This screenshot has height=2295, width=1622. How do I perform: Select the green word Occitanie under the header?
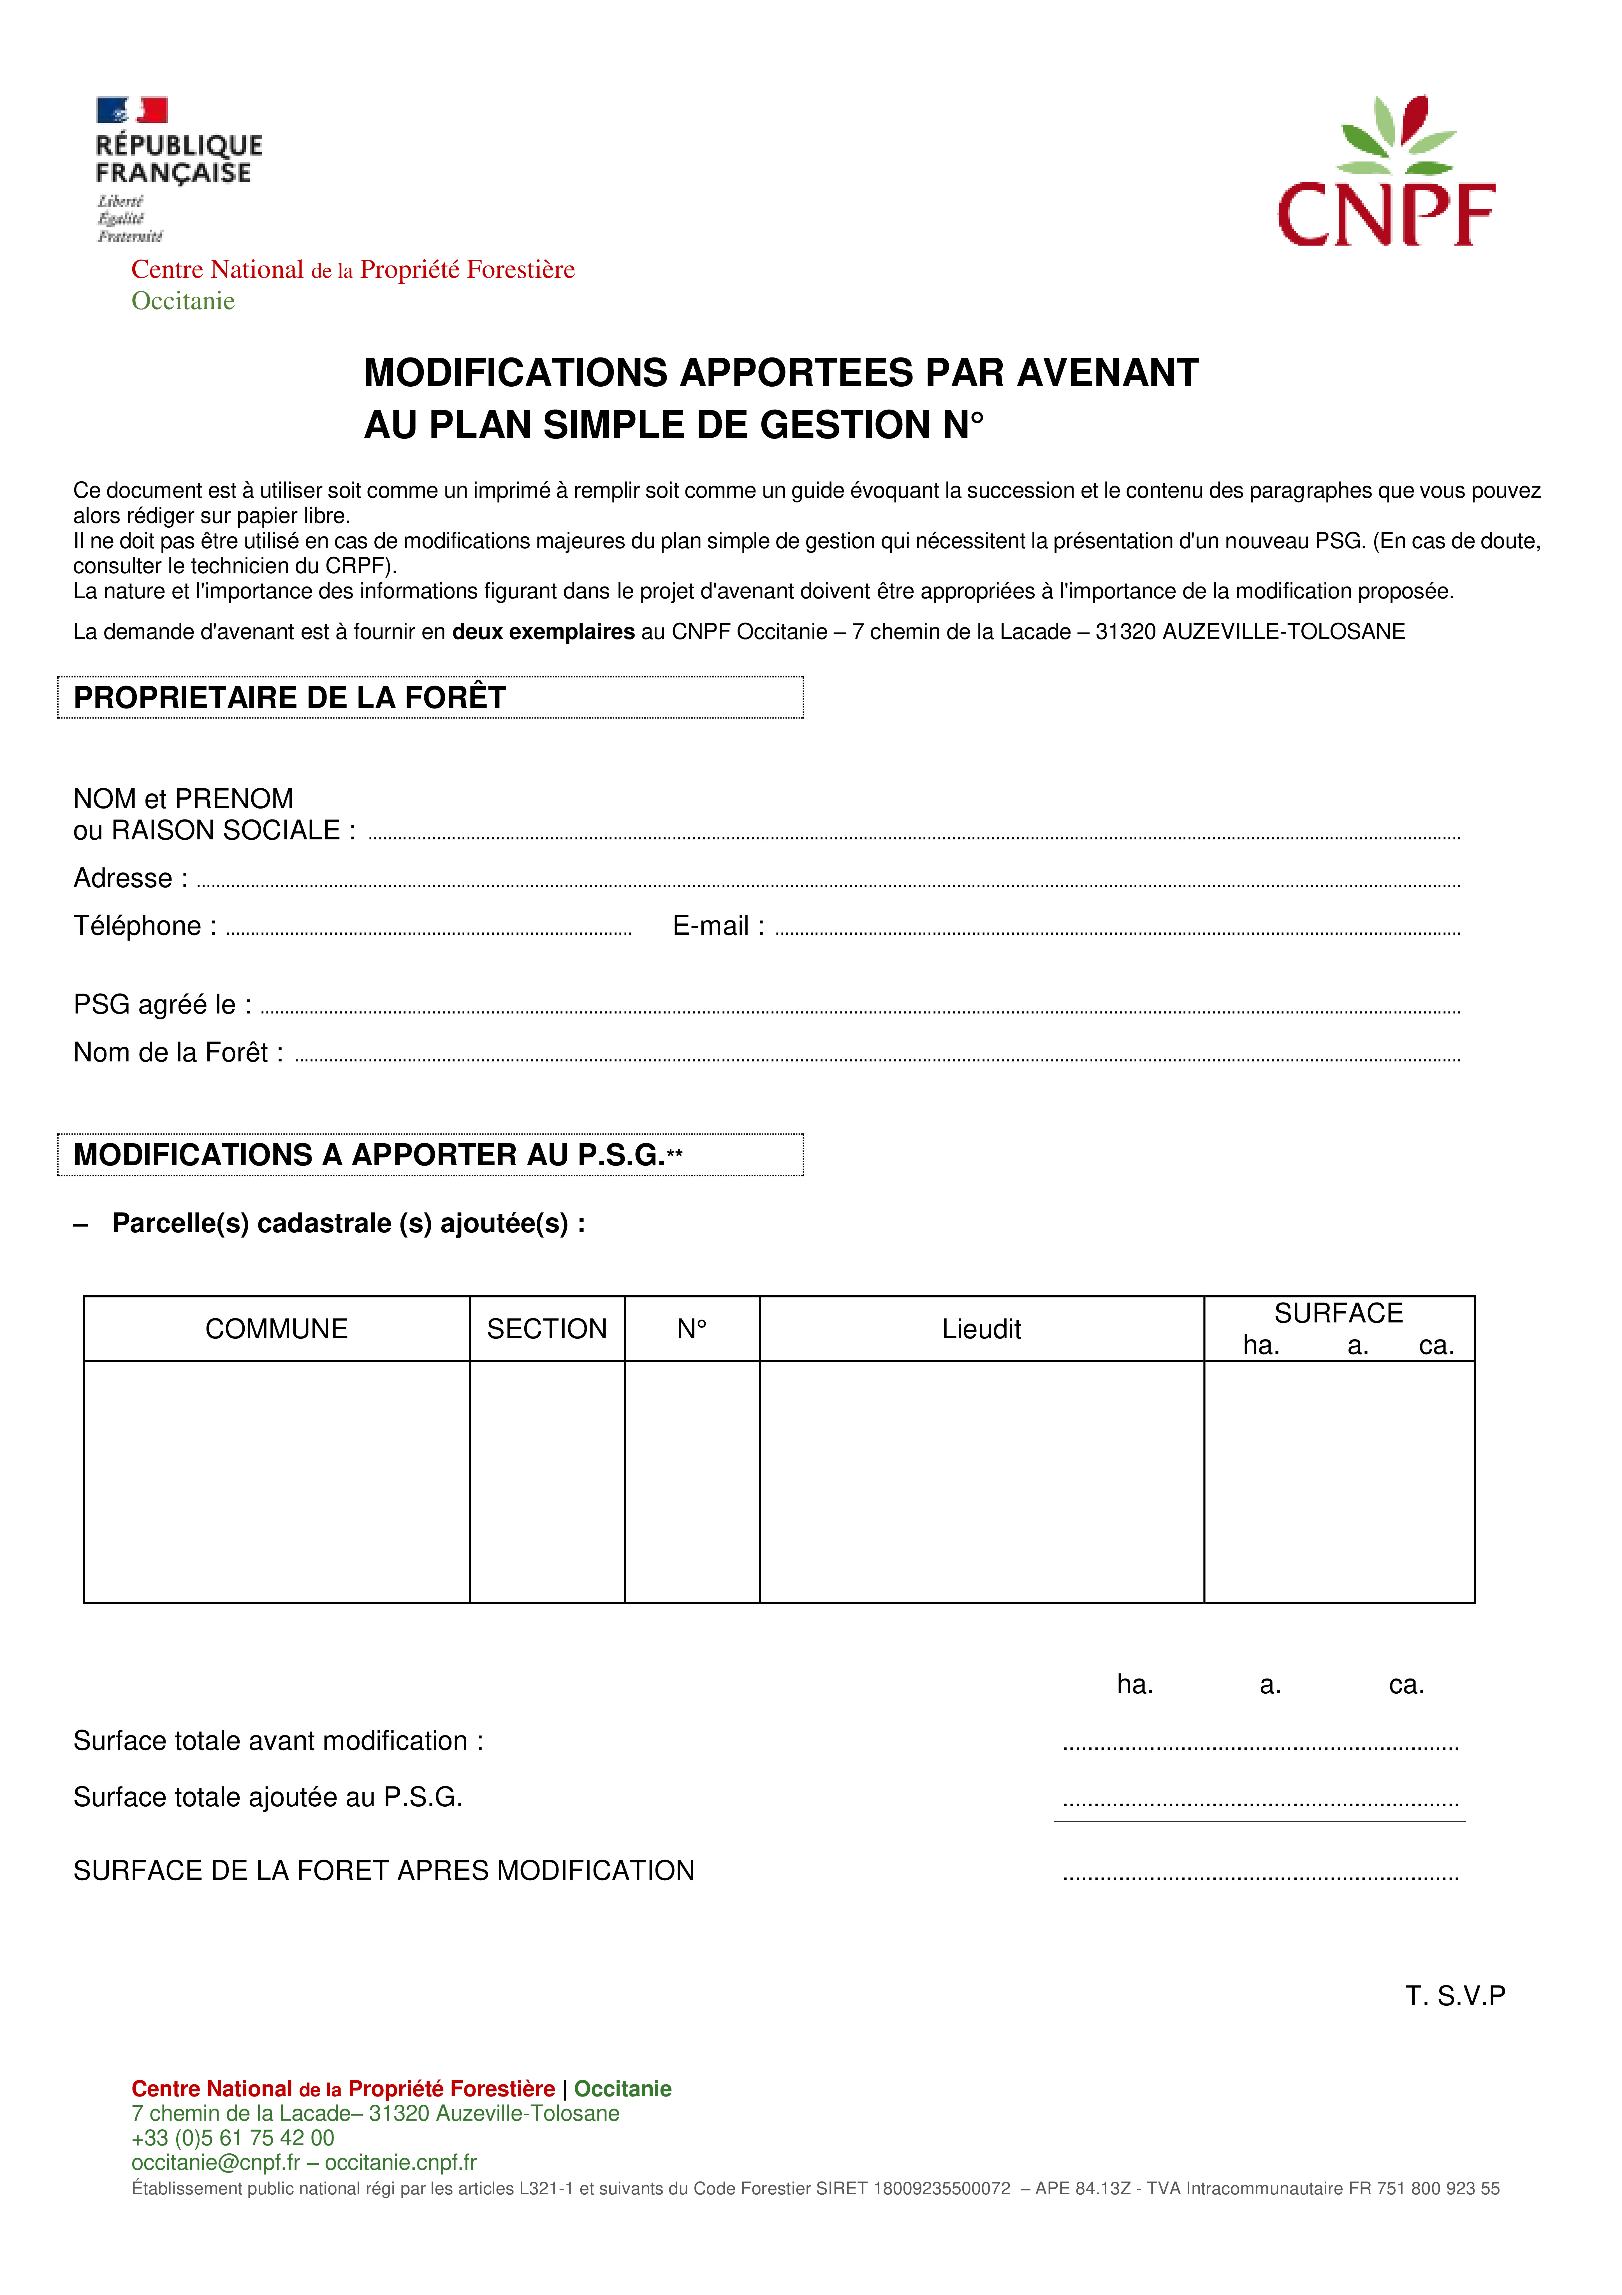183,301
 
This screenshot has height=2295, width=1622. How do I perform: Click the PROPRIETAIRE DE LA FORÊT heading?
290,698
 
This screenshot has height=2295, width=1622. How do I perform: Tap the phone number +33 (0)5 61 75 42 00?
233,2138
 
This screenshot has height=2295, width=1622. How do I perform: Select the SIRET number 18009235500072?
941,2189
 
